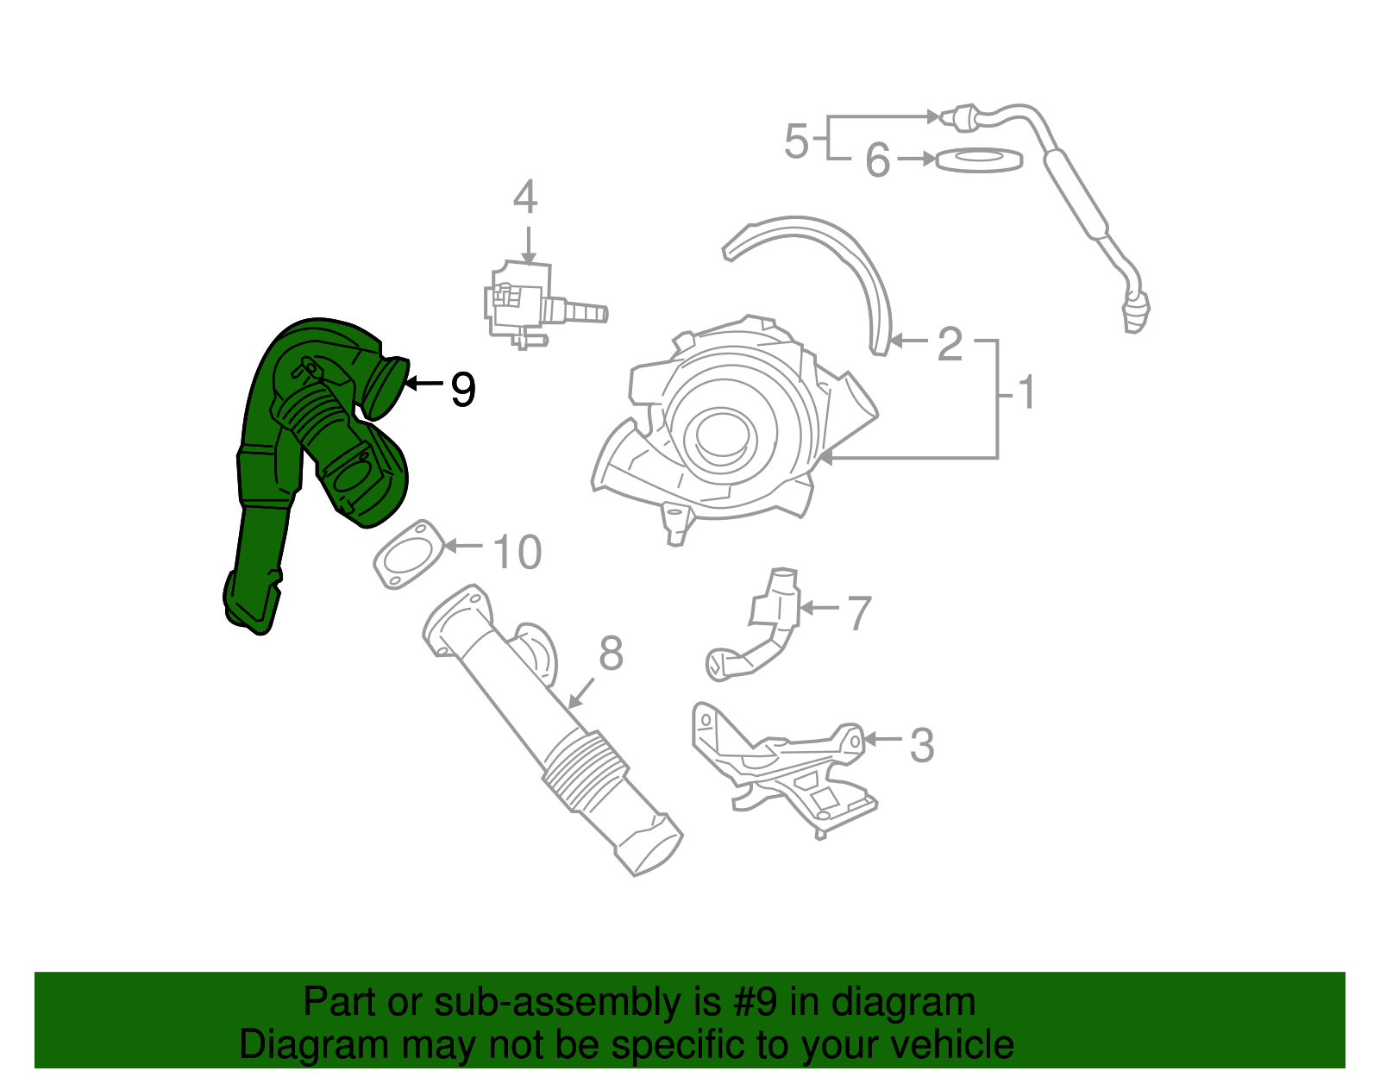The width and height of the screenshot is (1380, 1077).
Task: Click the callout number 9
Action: coord(463,390)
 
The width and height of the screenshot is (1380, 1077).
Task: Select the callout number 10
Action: coord(517,552)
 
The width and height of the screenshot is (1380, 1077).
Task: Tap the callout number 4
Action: coord(525,197)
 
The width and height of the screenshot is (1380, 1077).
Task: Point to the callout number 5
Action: coord(796,141)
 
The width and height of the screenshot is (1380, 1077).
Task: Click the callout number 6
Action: coord(877,160)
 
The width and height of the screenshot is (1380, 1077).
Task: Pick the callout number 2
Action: coord(949,344)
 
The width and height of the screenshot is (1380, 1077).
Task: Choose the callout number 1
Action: coord(1026,393)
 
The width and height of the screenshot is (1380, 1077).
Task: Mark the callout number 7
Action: coord(859,613)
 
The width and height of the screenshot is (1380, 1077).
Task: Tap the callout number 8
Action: coord(611,654)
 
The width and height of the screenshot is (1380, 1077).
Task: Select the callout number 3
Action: coord(922,745)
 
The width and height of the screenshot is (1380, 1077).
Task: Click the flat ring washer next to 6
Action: coord(979,160)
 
